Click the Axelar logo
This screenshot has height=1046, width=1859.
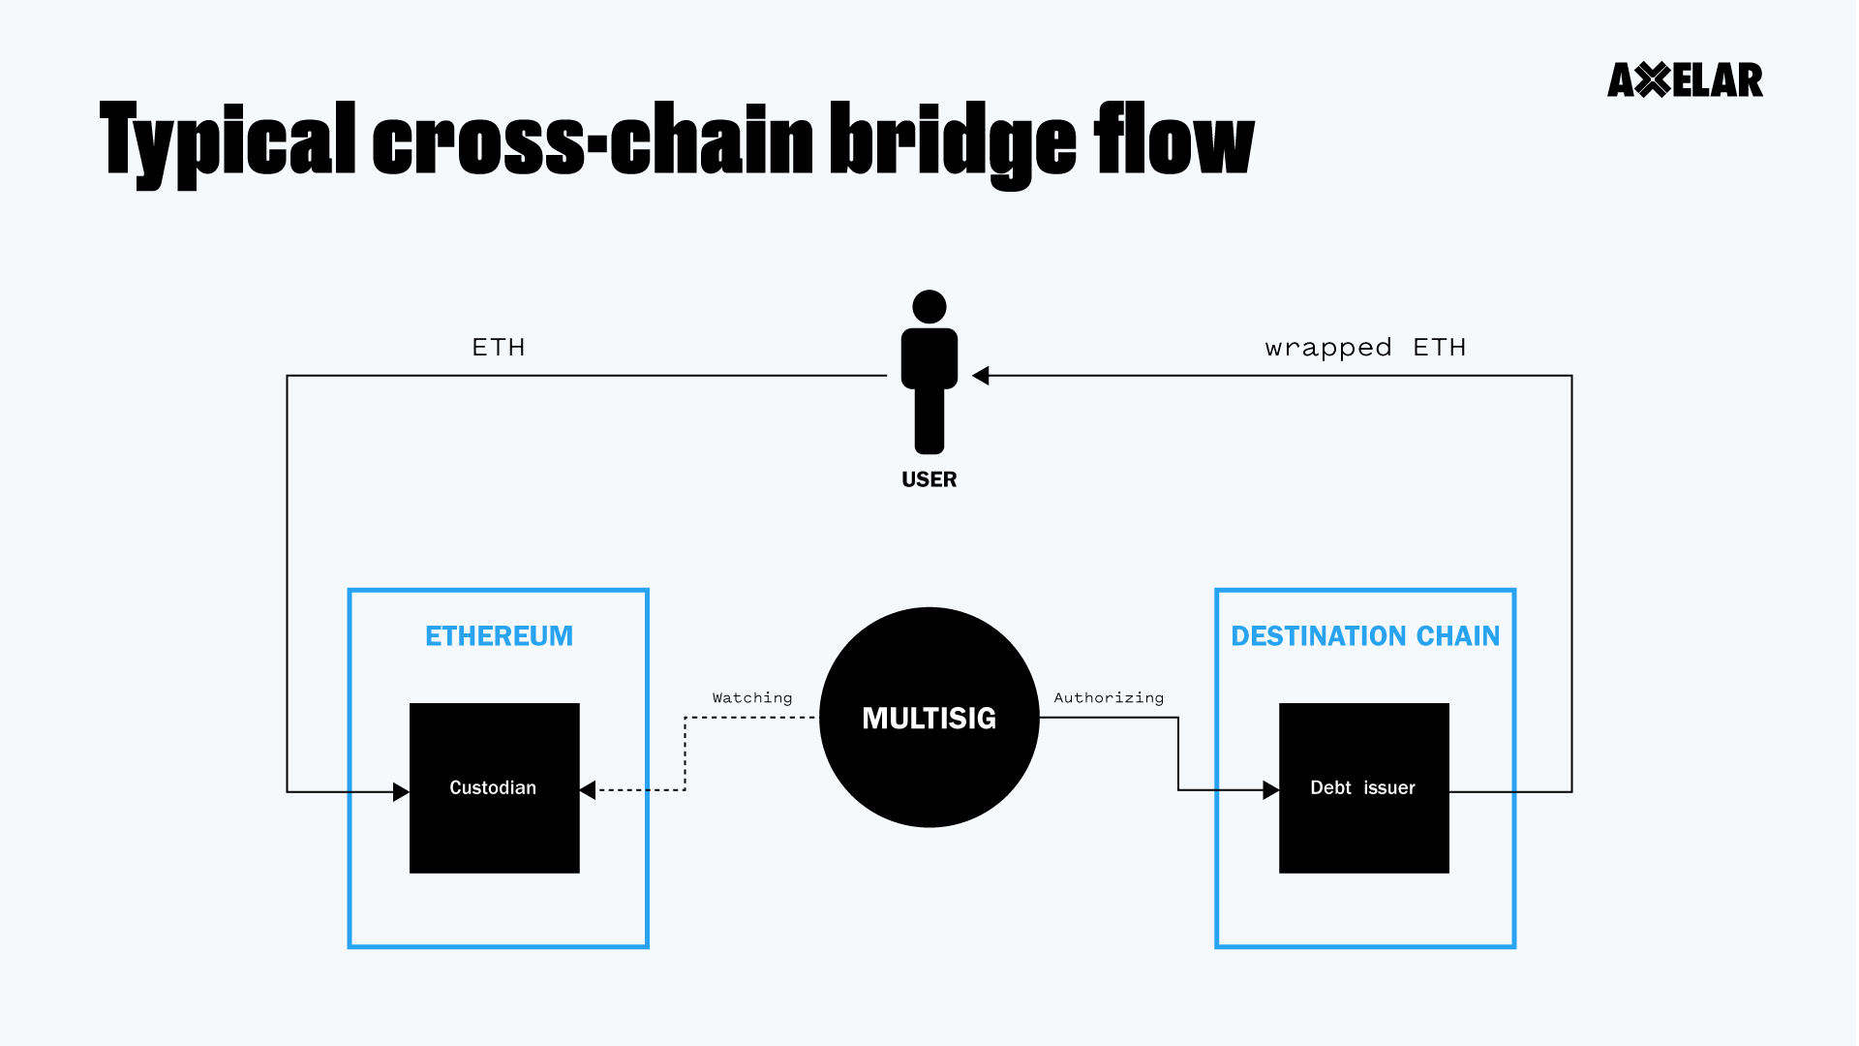pyautogui.click(x=1685, y=80)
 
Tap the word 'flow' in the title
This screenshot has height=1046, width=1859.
pyautogui.click(x=1173, y=140)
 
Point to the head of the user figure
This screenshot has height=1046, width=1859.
pyautogui.click(x=929, y=307)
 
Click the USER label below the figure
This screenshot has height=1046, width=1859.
pyautogui.click(x=929, y=479)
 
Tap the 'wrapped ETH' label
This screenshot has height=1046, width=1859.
pyautogui.click(x=1365, y=348)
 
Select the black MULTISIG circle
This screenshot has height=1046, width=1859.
pyautogui.click(x=929, y=718)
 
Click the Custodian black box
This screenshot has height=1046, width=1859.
pyautogui.click(x=494, y=787)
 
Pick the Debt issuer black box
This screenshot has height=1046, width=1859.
pyautogui.click(x=1363, y=787)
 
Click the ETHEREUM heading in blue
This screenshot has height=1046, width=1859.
pyautogui.click(x=499, y=636)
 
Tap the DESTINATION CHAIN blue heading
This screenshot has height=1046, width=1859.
pyautogui.click(x=1365, y=636)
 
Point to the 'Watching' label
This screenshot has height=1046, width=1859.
pyautogui.click(x=752, y=697)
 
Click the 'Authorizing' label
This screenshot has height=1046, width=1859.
pyautogui.click(x=1109, y=697)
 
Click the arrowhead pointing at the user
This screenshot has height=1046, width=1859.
pyautogui.click(x=980, y=376)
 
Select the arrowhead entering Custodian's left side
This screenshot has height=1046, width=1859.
pyautogui.click(x=401, y=792)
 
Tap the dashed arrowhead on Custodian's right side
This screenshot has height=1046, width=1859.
pyautogui.click(x=588, y=790)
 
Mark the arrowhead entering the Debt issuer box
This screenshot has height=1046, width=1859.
pyautogui.click(x=1270, y=790)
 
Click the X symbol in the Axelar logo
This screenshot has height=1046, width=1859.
pyautogui.click(x=1654, y=80)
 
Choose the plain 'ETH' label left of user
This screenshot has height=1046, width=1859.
pyautogui.click(x=499, y=348)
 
